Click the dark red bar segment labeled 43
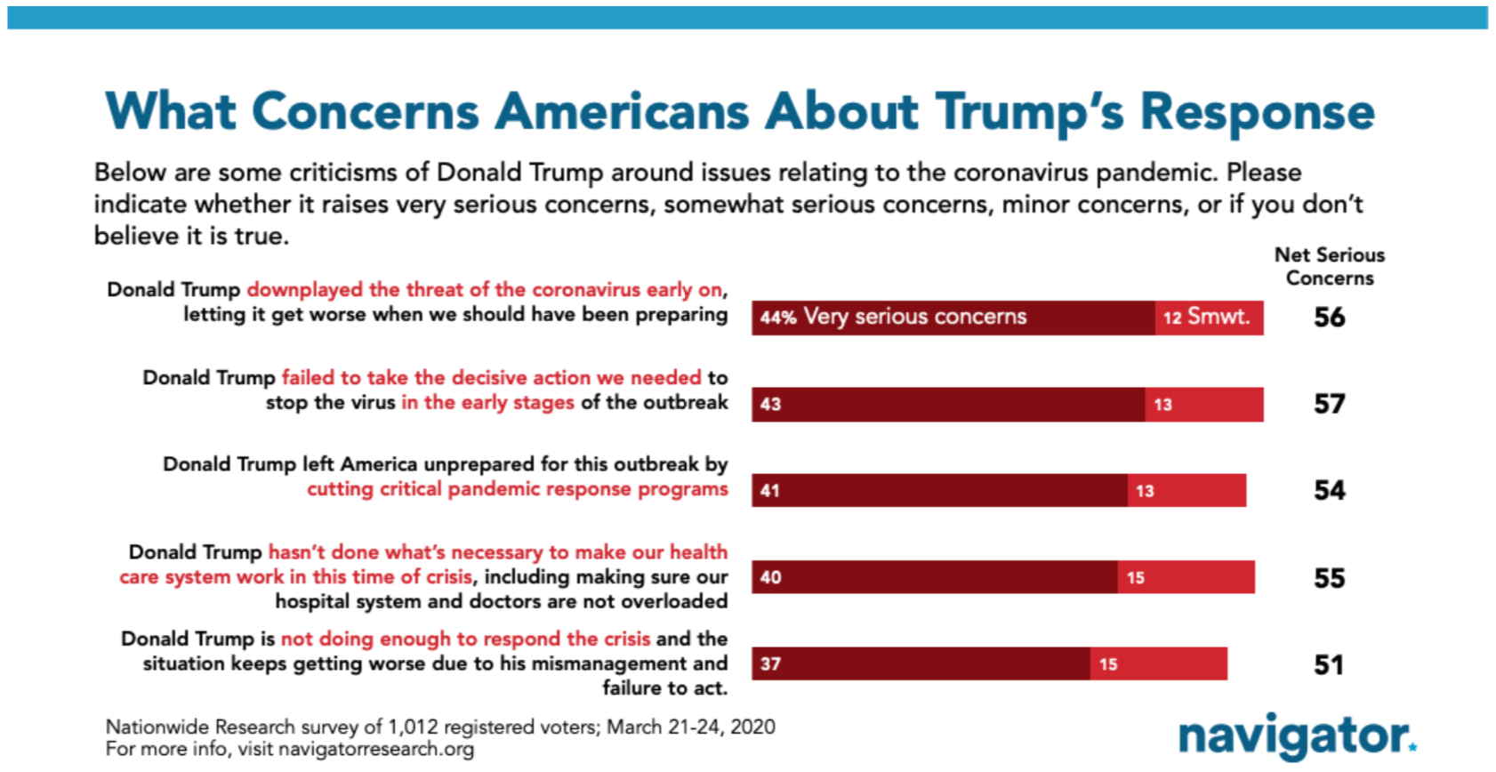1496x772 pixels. (948, 404)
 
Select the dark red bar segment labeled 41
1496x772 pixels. (940, 491)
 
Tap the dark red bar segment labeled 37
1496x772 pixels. (921, 663)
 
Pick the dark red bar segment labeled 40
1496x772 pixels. (935, 577)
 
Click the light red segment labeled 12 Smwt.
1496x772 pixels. (1210, 318)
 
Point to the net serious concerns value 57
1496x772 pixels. (1329, 404)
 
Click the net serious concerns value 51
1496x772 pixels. (1329, 664)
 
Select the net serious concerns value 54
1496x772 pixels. (1329, 491)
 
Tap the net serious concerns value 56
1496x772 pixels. (1329, 318)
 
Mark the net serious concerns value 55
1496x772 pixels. (1329, 577)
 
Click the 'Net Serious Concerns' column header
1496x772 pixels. (1330, 267)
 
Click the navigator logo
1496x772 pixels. (1298, 737)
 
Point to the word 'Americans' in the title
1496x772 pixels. (623, 111)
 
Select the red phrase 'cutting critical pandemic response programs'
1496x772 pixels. (518, 489)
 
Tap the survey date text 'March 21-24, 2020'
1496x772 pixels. (691, 727)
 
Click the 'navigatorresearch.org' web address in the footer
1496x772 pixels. (376, 750)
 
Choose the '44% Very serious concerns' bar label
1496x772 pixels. (893, 317)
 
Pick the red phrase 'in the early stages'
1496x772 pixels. (487, 403)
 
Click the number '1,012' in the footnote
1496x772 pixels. (413, 727)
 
